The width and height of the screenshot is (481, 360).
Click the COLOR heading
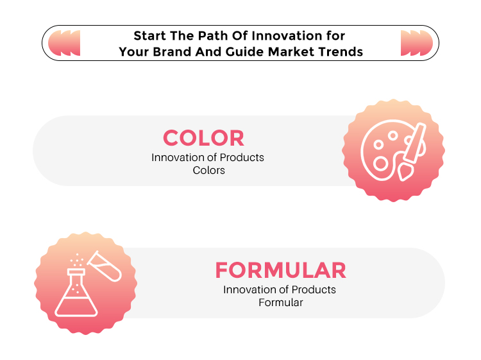(203, 138)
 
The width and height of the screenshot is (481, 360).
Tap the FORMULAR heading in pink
(281, 270)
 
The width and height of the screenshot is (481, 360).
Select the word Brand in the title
(173, 52)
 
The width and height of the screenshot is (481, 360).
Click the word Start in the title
(149, 36)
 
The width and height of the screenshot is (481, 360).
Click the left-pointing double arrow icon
(64, 43)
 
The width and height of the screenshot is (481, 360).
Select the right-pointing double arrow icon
(417, 43)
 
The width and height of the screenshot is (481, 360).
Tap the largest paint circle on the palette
(381, 164)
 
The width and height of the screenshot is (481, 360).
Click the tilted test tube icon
(105, 266)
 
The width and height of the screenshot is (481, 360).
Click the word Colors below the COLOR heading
(208, 170)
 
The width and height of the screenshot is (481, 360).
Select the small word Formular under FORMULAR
(281, 303)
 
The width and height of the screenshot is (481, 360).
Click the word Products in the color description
(242, 157)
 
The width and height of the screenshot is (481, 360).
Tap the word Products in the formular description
(314, 289)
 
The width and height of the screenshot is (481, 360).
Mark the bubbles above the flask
(77, 261)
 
